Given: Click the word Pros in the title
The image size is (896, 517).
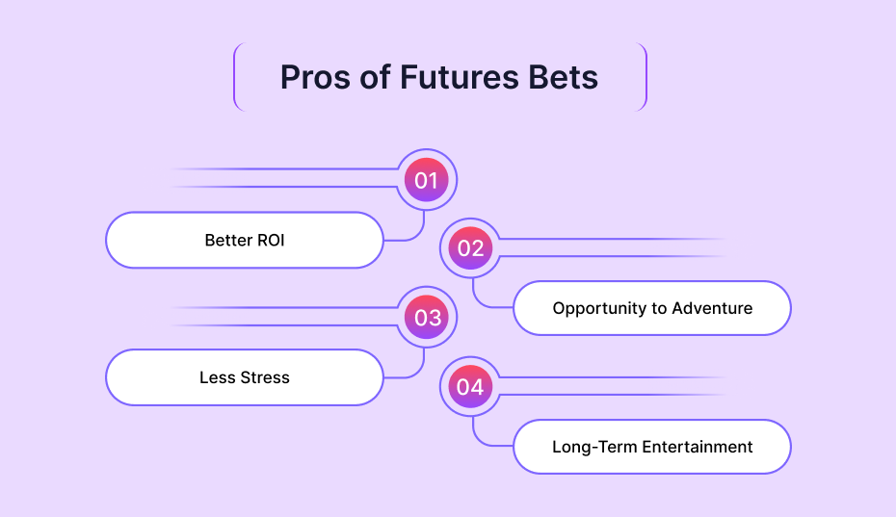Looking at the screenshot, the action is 315,78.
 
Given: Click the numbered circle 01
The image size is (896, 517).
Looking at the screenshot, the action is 426,180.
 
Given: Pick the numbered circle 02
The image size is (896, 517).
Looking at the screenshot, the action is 470,248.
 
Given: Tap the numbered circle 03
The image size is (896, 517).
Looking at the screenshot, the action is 426,317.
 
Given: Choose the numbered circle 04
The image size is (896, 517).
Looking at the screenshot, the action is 470,387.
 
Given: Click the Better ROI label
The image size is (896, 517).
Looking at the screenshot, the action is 245,240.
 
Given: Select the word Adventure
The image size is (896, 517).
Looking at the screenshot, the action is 712,308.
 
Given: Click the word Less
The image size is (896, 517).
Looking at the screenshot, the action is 217,377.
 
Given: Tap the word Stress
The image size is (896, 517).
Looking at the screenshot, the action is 265,377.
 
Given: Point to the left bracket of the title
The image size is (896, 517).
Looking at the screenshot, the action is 236,77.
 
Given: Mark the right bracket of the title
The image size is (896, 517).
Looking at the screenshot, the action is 644,77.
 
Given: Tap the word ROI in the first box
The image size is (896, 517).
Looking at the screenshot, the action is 271,240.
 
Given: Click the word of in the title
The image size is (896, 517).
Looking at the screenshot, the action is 375,78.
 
